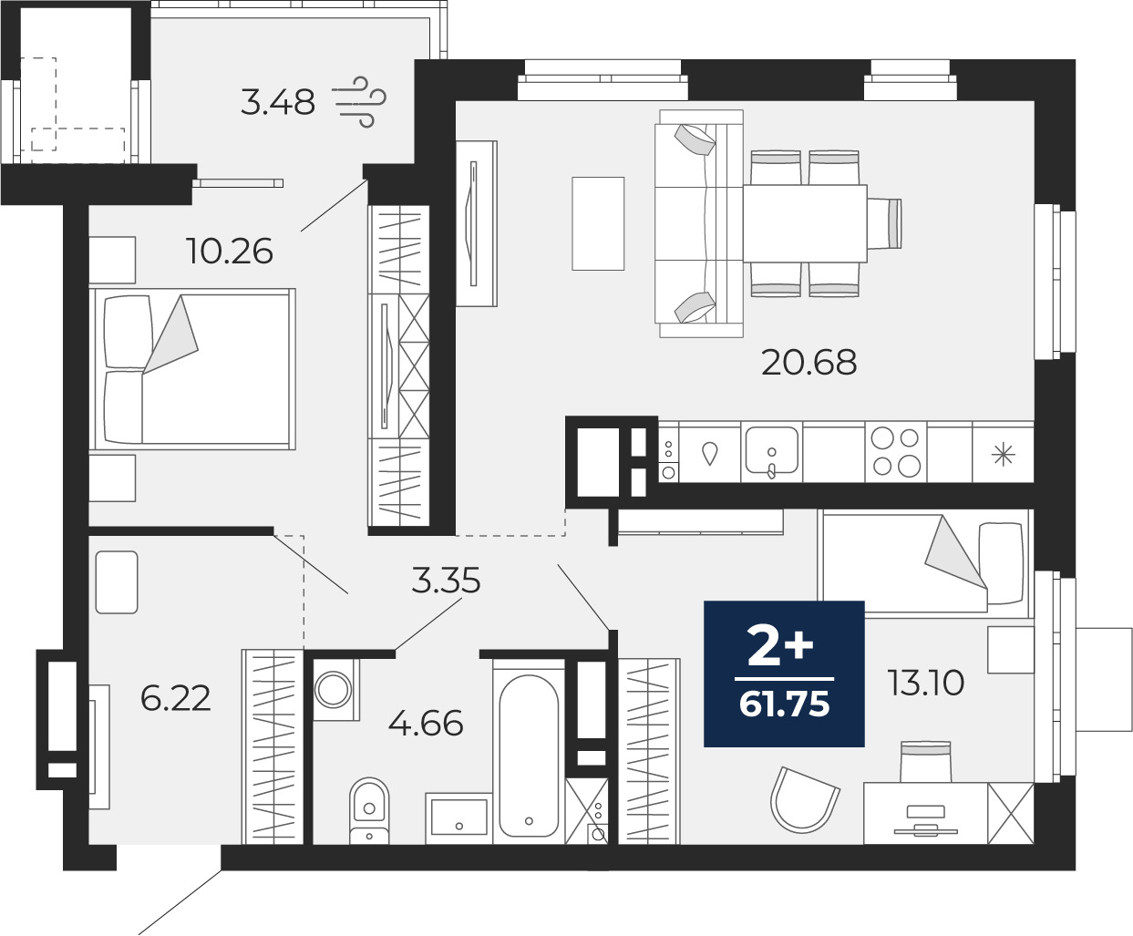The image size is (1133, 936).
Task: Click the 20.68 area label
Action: point(809,363)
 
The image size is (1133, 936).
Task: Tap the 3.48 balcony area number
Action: point(277,102)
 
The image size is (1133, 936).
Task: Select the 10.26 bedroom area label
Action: point(229,252)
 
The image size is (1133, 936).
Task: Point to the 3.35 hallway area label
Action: point(446,580)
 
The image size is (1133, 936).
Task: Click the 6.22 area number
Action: point(175,698)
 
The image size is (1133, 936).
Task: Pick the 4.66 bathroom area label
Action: point(426,723)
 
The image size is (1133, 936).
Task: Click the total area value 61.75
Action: point(785,705)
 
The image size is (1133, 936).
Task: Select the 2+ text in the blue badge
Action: point(780,645)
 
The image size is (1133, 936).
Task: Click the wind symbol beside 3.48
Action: point(358,102)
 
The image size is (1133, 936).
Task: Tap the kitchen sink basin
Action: point(772,450)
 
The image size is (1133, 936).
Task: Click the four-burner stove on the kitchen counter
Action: point(896,452)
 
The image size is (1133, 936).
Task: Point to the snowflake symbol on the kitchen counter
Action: point(1004,455)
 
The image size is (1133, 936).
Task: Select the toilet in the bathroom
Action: point(369,810)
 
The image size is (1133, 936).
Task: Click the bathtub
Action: point(529,752)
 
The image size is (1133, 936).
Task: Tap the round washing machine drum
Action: point(334,690)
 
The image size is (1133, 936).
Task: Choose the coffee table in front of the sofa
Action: point(598,223)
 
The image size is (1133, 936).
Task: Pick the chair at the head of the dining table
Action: point(884,223)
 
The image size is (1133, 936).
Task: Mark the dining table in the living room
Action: point(805,223)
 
